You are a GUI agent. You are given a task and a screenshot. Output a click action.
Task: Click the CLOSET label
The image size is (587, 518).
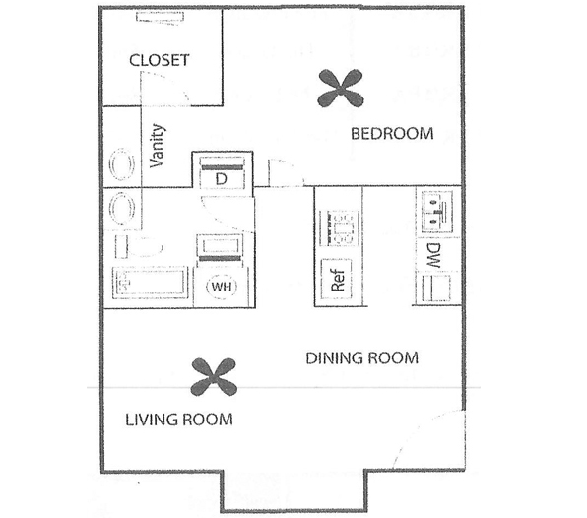[x=160, y=60]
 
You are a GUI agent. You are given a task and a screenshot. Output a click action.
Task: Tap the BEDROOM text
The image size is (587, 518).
[x=392, y=134]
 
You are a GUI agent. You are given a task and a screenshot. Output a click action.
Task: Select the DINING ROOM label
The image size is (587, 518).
[x=362, y=358]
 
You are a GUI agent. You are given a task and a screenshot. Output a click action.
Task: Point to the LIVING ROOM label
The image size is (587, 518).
[x=179, y=420]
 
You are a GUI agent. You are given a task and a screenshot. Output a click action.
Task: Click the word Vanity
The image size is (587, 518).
[x=158, y=146]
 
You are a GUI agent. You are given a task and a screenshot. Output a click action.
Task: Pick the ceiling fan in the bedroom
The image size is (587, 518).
[x=341, y=89]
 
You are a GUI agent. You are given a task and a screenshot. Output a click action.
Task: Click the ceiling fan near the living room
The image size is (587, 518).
[x=214, y=377]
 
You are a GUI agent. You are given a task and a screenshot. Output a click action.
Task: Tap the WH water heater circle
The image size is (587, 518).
[x=222, y=287]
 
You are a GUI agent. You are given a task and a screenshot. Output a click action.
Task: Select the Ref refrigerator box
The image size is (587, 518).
[x=337, y=279]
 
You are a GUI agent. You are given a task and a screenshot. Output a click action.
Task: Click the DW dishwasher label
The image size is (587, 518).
[x=434, y=256]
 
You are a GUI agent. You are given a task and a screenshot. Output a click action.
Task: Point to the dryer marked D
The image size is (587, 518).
[x=222, y=173]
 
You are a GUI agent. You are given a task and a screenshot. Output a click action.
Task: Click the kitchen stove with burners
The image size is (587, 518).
[x=339, y=228]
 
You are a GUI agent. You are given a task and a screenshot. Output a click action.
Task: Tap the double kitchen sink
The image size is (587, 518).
[x=436, y=212]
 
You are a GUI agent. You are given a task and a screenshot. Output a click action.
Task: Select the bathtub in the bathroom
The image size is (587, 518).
[x=150, y=283]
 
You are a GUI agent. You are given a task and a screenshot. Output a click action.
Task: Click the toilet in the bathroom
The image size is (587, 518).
[x=139, y=246]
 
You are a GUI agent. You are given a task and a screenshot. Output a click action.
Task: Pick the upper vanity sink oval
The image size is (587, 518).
[x=122, y=164]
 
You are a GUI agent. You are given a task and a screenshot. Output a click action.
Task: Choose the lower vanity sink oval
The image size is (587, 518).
[x=122, y=209]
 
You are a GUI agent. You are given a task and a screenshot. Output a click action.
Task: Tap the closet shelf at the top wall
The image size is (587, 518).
[x=160, y=17]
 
